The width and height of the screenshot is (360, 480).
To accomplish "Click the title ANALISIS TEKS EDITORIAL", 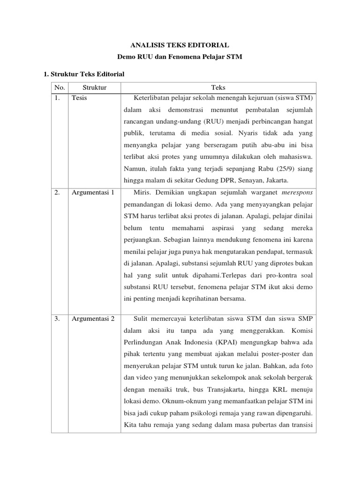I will (x=180, y=45).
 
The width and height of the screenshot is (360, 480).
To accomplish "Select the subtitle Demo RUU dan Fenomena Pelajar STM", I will (x=180, y=57).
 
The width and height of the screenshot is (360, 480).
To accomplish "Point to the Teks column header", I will (x=218, y=88).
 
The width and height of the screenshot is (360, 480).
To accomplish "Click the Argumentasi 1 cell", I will (x=93, y=192).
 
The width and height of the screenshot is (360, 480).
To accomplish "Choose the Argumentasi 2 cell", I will (x=93, y=319).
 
